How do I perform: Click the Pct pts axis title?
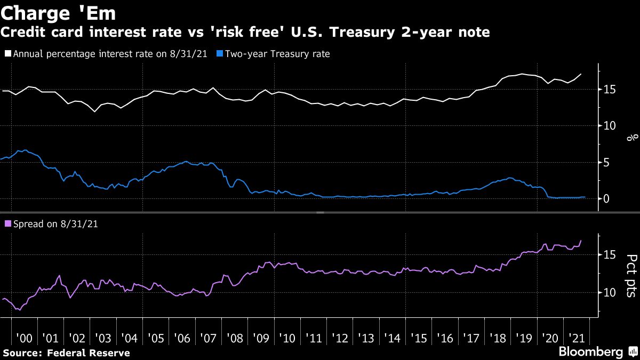(630, 275)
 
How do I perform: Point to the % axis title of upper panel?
(630, 138)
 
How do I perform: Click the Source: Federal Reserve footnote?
(67, 353)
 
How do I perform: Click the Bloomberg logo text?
(590, 352)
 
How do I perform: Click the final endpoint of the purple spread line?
(581, 241)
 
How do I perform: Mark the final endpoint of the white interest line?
(581, 74)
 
